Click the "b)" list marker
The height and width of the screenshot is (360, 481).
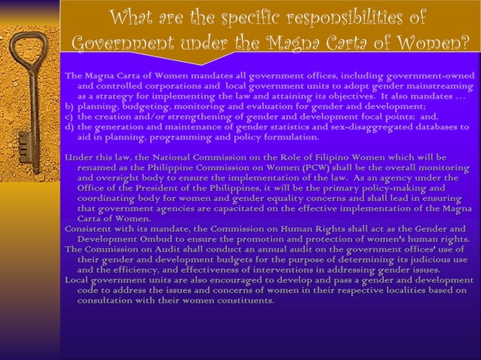click(69, 107)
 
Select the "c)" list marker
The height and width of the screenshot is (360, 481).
click(69, 117)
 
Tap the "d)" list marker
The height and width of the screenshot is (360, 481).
click(69, 127)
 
